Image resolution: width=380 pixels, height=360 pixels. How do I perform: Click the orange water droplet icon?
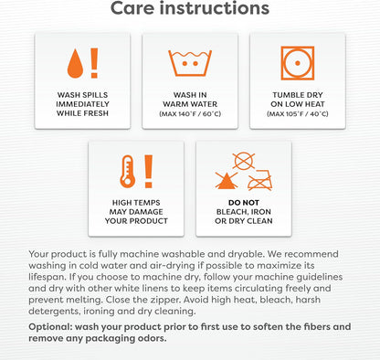point(75,64)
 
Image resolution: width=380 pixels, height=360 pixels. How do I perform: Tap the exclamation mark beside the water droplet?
point(94,63)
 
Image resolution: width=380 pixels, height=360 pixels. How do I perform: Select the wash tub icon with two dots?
point(190,63)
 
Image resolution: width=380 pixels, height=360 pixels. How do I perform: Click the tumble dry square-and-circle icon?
point(298,63)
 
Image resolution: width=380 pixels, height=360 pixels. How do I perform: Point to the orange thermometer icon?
point(127,171)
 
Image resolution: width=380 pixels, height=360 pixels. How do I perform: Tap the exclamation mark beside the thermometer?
point(148,171)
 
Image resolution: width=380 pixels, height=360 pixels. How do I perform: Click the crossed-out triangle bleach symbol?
point(227,180)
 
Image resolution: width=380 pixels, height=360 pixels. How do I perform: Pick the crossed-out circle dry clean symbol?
point(244,161)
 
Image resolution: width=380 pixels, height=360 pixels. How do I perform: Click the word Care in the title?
point(132,8)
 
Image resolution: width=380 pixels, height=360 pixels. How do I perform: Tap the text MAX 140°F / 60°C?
point(190,114)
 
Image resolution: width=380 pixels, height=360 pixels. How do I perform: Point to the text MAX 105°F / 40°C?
point(298,114)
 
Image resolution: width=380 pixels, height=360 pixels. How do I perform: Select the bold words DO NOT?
point(244,203)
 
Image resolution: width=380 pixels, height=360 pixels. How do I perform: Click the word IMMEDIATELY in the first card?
point(82,104)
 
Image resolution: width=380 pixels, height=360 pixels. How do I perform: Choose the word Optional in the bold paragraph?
point(50,327)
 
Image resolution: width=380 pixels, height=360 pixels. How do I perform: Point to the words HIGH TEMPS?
point(136,203)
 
